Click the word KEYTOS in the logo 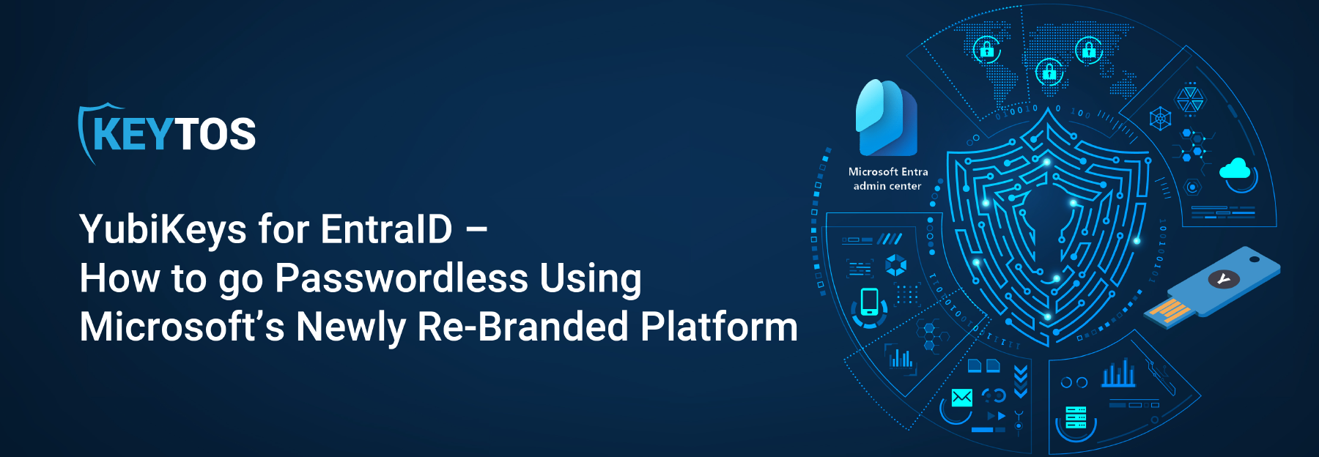click(x=174, y=134)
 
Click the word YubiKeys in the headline click(x=163, y=230)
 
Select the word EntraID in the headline click(x=387, y=228)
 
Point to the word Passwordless click(x=401, y=278)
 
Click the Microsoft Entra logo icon click(x=887, y=117)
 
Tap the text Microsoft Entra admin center click(x=888, y=179)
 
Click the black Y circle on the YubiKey click(x=1223, y=278)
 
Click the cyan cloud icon click(x=1235, y=169)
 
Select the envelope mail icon click(x=961, y=398)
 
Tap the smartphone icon click(x=869, y=301)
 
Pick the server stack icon click(x=1076, y=417)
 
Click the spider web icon click(x=1160, y=119)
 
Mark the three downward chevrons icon click(x=1020, y=382)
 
